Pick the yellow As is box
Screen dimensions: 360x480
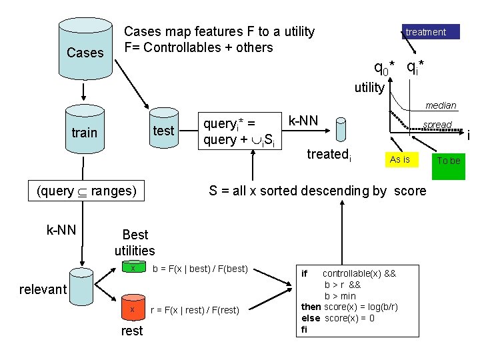400,159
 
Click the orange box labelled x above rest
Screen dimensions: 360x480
133,310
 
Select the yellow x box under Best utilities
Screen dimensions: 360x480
133,269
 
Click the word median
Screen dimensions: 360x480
441,105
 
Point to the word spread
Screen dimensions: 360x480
437,125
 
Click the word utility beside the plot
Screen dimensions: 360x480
369,87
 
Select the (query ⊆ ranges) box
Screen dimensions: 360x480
87,191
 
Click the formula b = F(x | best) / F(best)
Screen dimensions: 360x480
201,269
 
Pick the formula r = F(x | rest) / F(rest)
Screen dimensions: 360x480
199,310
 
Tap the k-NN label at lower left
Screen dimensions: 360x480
61,231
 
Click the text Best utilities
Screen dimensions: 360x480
135,243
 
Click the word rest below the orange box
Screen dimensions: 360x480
132,331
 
